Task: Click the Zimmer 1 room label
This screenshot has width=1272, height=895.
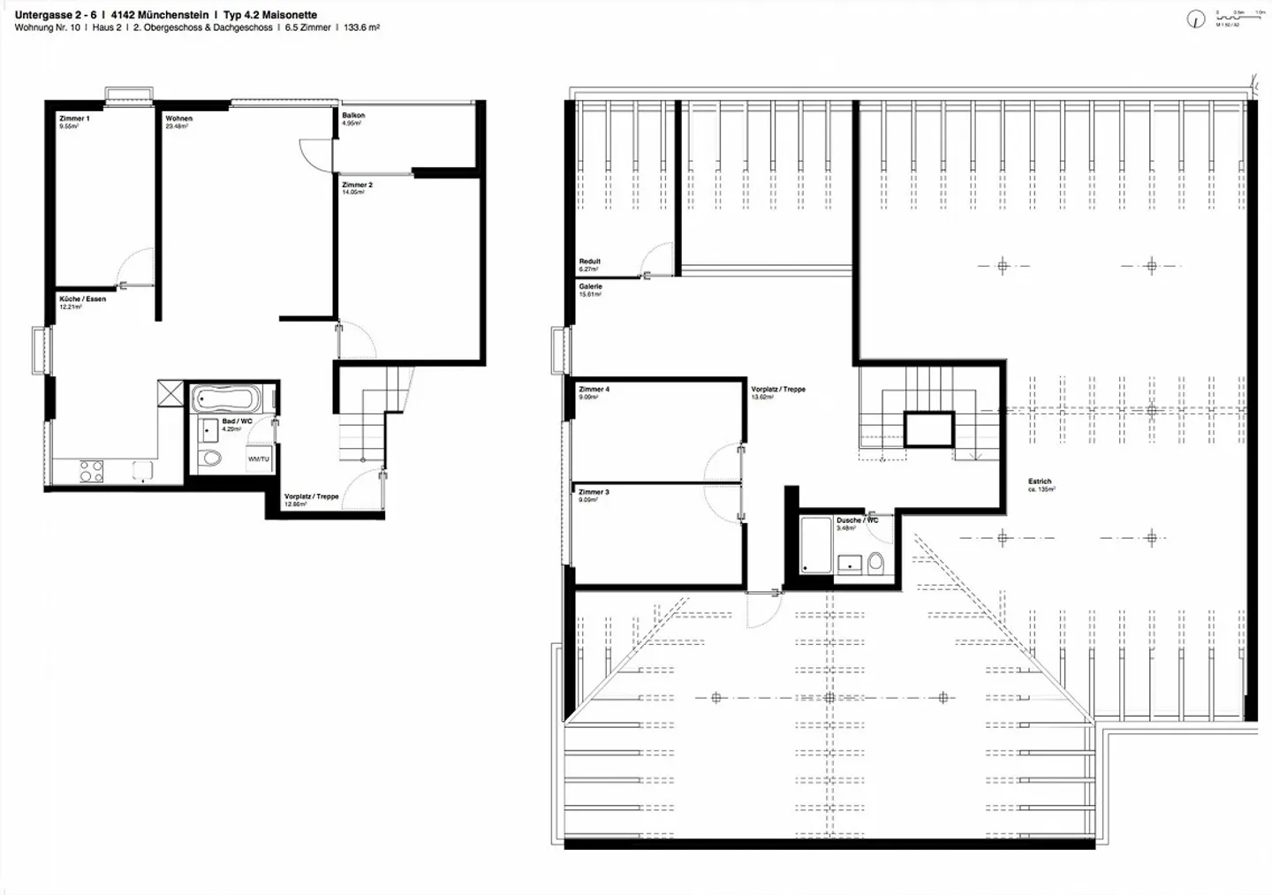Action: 74,118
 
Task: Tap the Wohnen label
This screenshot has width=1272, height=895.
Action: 178,118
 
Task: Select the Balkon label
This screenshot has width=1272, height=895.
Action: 353,116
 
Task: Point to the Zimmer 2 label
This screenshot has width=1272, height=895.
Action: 357,185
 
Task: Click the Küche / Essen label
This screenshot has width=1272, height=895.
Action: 82,300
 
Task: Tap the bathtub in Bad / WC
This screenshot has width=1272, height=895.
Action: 225,398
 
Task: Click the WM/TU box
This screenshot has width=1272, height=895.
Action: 258,459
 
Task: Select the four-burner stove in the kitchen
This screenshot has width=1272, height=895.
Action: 91,471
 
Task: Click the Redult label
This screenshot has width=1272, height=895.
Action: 589,262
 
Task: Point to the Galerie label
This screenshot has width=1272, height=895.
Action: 590,287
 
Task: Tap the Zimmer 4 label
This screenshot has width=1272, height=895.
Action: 594,390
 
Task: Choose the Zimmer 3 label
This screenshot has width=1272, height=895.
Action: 594,492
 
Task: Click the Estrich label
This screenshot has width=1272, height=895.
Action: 1040,482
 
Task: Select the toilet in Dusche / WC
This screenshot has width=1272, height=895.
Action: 875,563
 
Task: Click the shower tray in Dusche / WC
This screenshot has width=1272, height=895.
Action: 815,545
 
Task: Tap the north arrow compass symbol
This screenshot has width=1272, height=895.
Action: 1196,19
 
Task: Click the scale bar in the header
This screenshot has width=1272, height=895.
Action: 1240,16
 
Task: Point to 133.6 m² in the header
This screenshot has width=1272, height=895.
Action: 361,28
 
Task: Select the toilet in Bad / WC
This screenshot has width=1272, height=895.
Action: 210,458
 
